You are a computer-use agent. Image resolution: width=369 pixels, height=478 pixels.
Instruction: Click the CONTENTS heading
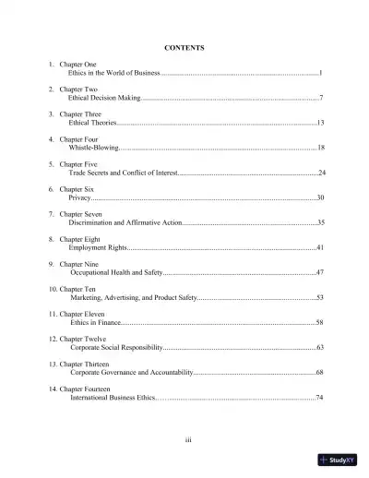click(x=184, y=47)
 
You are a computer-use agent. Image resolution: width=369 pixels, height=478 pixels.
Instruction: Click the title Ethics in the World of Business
click(x=113, y=72)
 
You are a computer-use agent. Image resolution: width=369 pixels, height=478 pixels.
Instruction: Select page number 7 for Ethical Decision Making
click(x=320, y=97)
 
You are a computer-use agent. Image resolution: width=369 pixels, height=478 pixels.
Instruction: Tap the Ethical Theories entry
click(x=92, y=122)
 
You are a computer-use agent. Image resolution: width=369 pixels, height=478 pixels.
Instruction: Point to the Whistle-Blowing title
click(x=93, y=148)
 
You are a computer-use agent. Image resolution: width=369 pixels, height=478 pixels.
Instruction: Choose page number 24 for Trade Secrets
click(x=321, y=173)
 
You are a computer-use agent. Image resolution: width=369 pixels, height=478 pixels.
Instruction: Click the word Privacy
click(x=80, y=197)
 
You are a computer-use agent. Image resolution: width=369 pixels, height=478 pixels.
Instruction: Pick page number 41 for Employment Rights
click(x=319, y=247)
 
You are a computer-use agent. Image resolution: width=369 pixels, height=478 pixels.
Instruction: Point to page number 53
click(x=319, y=298)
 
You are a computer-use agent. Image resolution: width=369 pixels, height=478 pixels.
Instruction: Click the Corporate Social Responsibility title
click(x=116, y=348)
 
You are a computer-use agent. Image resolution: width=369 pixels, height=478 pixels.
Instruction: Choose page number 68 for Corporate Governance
click(x=319, y=373)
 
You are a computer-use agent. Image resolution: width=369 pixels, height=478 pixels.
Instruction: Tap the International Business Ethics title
click(x=114, y=398)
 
